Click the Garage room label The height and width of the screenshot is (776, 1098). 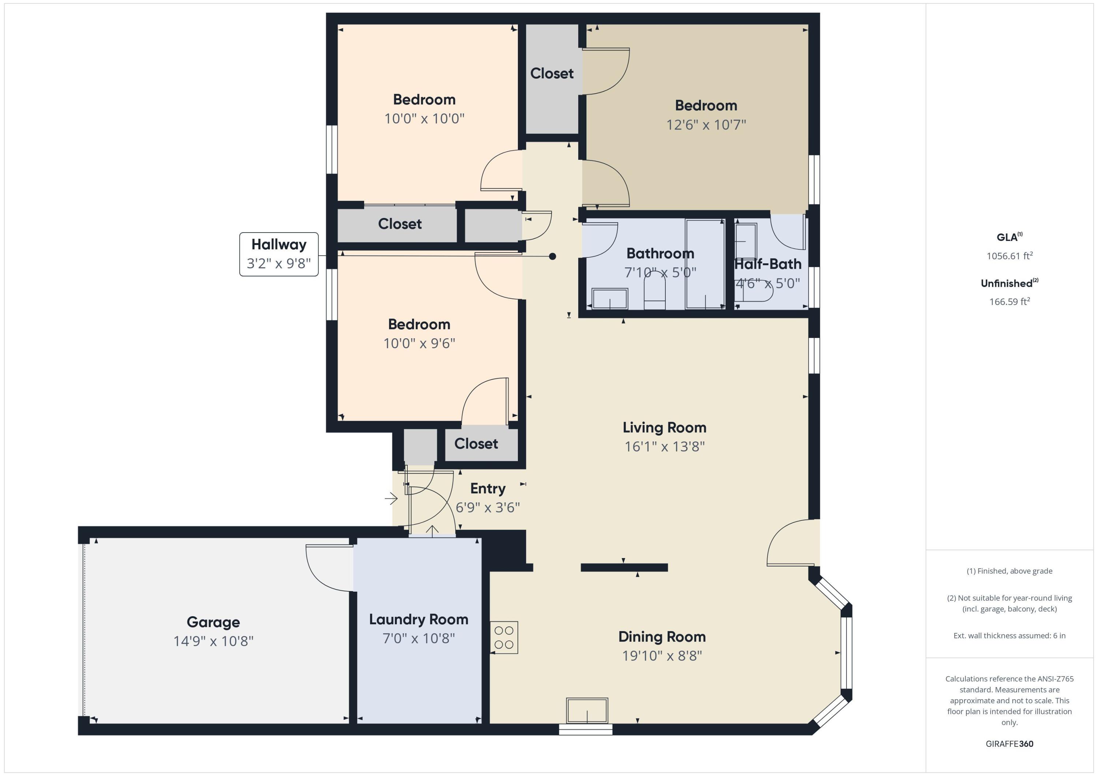213,622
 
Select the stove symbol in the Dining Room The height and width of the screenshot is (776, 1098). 504,637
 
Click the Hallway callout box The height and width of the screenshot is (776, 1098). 279,254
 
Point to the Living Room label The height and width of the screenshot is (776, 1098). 664,427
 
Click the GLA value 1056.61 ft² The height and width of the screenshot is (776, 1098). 1009,256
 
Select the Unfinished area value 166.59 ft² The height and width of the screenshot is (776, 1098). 1009,301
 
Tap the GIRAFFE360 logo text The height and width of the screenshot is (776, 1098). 1009,743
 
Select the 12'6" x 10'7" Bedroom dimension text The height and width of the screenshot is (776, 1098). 706,125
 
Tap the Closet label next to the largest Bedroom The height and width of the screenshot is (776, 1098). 552,73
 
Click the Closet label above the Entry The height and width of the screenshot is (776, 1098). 476,444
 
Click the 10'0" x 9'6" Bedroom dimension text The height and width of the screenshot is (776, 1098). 419,343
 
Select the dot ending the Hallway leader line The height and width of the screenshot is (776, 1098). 552,257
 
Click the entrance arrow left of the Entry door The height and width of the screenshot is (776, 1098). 391,499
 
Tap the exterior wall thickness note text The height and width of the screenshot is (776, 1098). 1009,636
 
